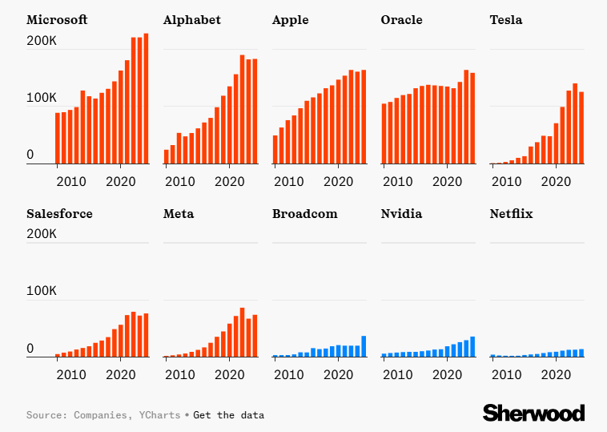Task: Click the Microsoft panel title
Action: (57, 20)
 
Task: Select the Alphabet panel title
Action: (191, 20)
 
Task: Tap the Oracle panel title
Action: (401, 20)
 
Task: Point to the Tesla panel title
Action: (505, 20)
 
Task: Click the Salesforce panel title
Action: (59, 214)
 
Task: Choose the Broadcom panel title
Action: (304, 214)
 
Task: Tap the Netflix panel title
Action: (511, 214)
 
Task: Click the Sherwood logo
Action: (533, 413)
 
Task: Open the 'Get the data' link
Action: (228, 415)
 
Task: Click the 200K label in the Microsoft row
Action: (42, 40)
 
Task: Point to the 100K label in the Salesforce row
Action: (42, 292)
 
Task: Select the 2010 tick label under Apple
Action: (289, 181)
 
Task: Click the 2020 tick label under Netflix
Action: (556, 374)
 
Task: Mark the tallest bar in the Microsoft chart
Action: (146, 99)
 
